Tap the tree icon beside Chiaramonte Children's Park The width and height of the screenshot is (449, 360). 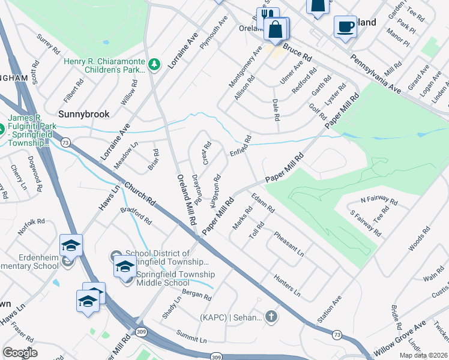[x=154, y=64]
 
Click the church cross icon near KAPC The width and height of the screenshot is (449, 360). [x=271, y=316]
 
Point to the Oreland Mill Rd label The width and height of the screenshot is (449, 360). [x=186, y=200]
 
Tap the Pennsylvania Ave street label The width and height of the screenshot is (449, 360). [x=375, y=71]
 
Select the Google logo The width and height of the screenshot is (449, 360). [x=20, y=353]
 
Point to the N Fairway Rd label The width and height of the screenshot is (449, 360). [x=379, y=199]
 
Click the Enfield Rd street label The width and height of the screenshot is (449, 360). [x=240, y=146]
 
